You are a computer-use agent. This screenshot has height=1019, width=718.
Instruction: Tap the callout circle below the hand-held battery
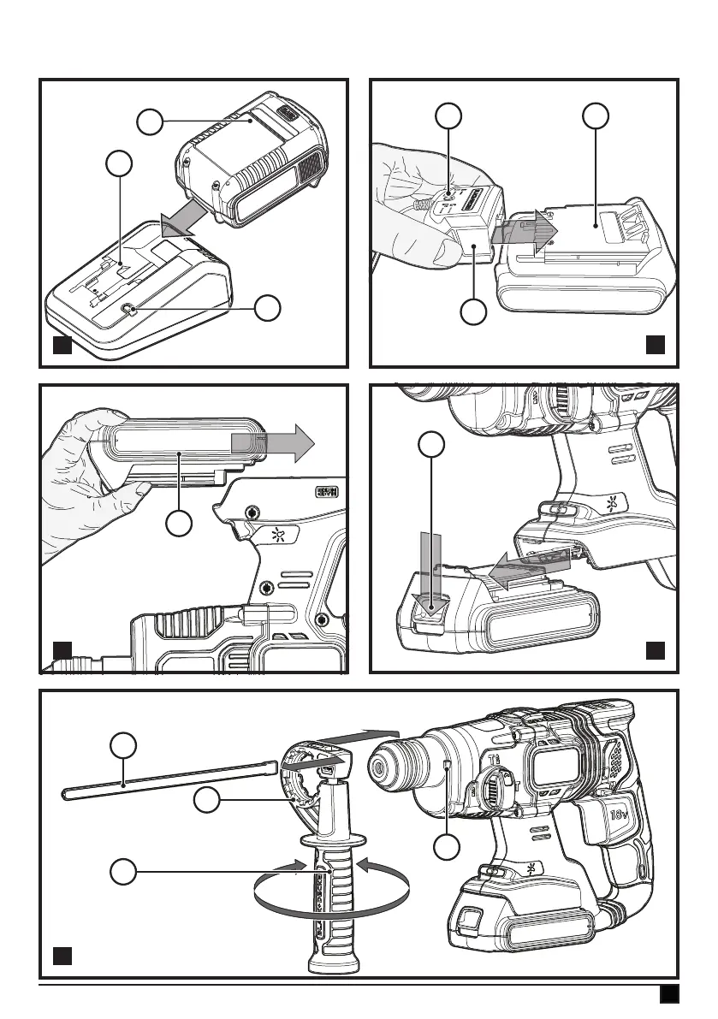[179, 524]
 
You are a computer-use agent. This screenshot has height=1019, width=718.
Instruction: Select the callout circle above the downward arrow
[431, 444]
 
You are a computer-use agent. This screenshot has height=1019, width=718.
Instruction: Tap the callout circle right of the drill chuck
[445, 848]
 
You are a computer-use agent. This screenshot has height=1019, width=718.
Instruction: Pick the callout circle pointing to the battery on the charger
[151, 121]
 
